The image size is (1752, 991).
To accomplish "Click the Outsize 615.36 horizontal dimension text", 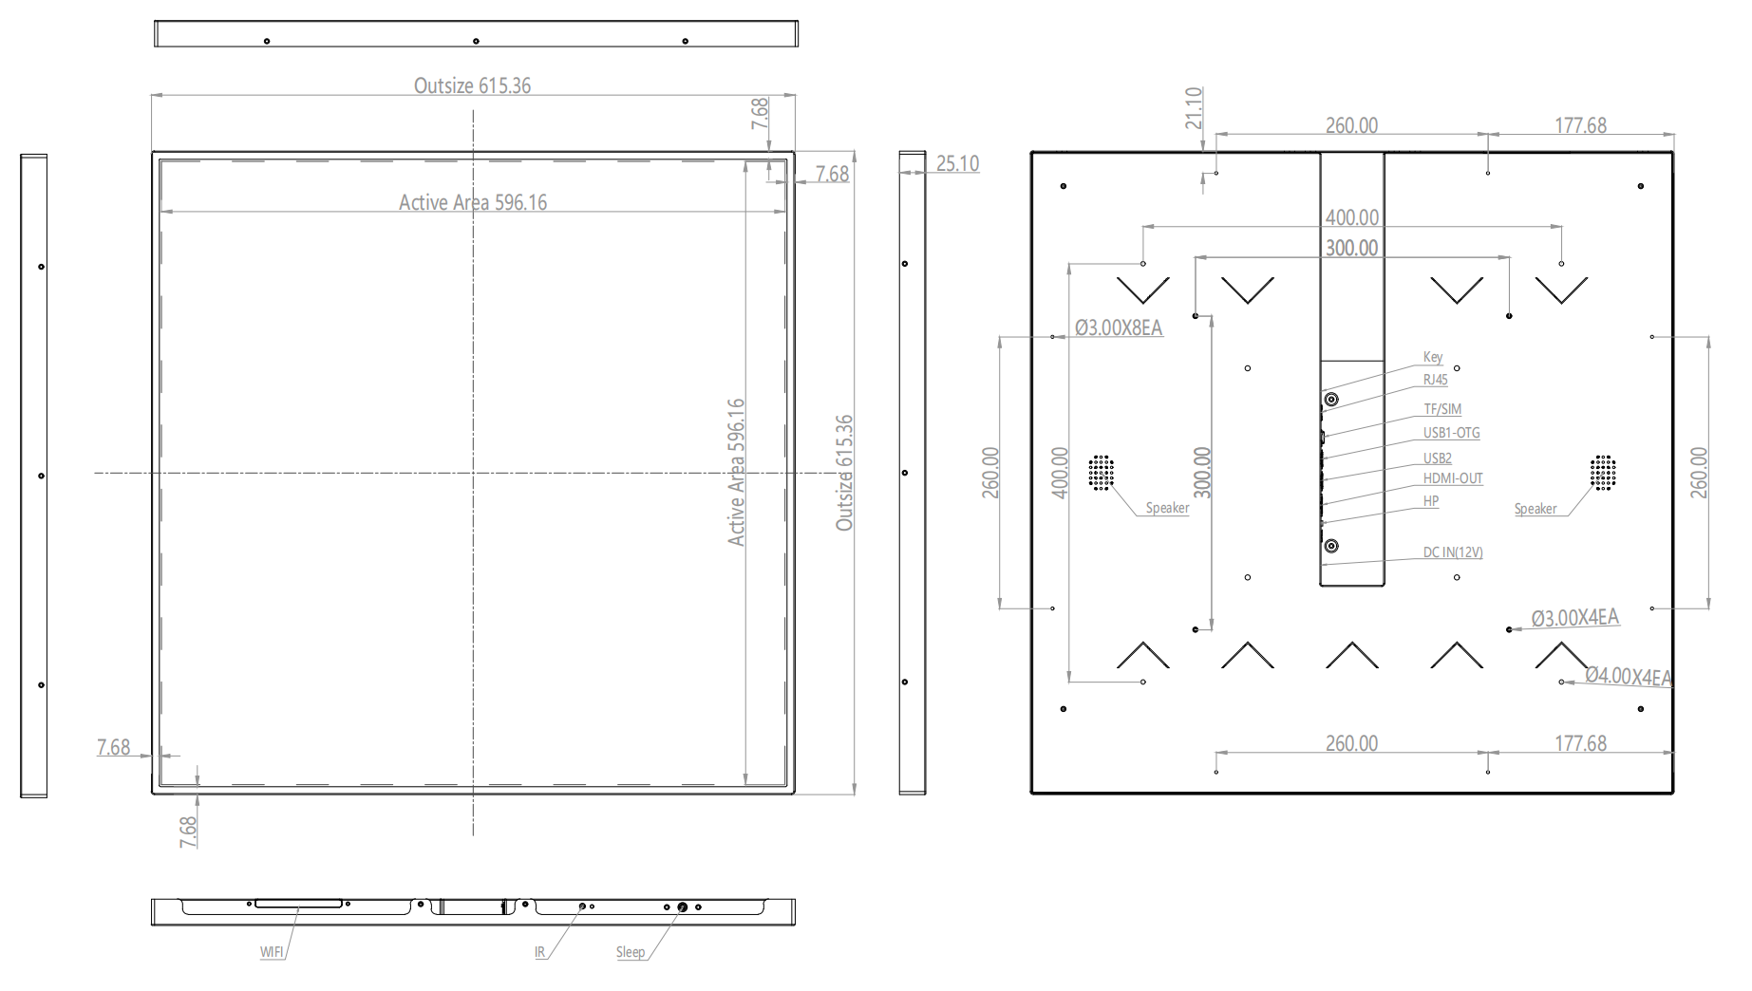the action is [472, 85].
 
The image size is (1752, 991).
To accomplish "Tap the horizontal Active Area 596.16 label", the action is [473, 202].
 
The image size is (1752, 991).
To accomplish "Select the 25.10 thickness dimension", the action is [957, 163].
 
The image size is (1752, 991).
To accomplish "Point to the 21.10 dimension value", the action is [1194, 108].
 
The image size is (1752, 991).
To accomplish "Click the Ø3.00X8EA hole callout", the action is [1119, 328].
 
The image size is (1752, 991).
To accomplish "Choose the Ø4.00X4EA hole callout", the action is [1629, 677].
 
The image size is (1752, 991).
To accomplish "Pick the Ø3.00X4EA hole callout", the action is [1575, 618].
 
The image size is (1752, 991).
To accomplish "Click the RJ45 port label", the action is [1436, 380].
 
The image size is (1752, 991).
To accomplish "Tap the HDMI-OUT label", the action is [1453, 478].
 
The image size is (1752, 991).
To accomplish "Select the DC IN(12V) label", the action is [1453, 552].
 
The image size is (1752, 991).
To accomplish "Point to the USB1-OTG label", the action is [1451, 433].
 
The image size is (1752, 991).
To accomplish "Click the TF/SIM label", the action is [1442, 409].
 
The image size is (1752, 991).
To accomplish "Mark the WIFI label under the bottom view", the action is [273, 952].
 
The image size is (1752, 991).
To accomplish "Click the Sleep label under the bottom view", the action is [631, 952].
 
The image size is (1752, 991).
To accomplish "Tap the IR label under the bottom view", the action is [540, 952].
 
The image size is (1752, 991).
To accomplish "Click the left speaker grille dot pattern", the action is [1101, 473].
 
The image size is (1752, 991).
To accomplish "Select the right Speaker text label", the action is [1535, 509].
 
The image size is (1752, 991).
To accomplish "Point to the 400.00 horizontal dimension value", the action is [1352, 217].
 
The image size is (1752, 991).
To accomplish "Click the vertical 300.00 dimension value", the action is [1202, 473].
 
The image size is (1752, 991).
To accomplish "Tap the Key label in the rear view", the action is [1433, 357].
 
